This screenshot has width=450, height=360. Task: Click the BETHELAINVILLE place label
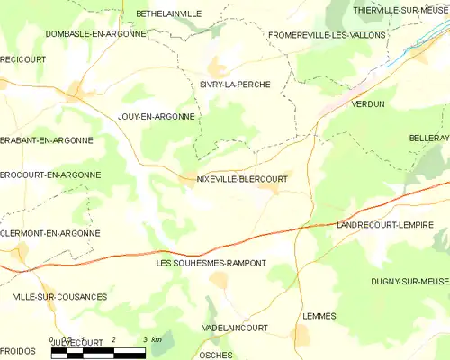tap(168, 13)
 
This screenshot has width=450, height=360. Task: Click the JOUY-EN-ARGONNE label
tap(156, 117)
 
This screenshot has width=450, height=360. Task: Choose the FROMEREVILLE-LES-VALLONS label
tap(327, 35)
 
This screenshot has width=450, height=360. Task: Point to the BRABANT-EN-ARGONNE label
tap(46, 140)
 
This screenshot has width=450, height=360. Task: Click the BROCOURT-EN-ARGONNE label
tap(50, 175)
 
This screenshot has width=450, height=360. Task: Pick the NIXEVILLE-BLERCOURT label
tap(241, 179)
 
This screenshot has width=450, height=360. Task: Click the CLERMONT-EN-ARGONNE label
tap(49, 233)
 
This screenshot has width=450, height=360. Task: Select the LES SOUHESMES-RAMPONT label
tap(211, 263)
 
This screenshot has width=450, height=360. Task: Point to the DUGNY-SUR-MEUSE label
tap(409, 282)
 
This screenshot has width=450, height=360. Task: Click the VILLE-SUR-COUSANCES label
tap(60, 296)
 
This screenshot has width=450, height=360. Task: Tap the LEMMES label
tap(319, 316)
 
